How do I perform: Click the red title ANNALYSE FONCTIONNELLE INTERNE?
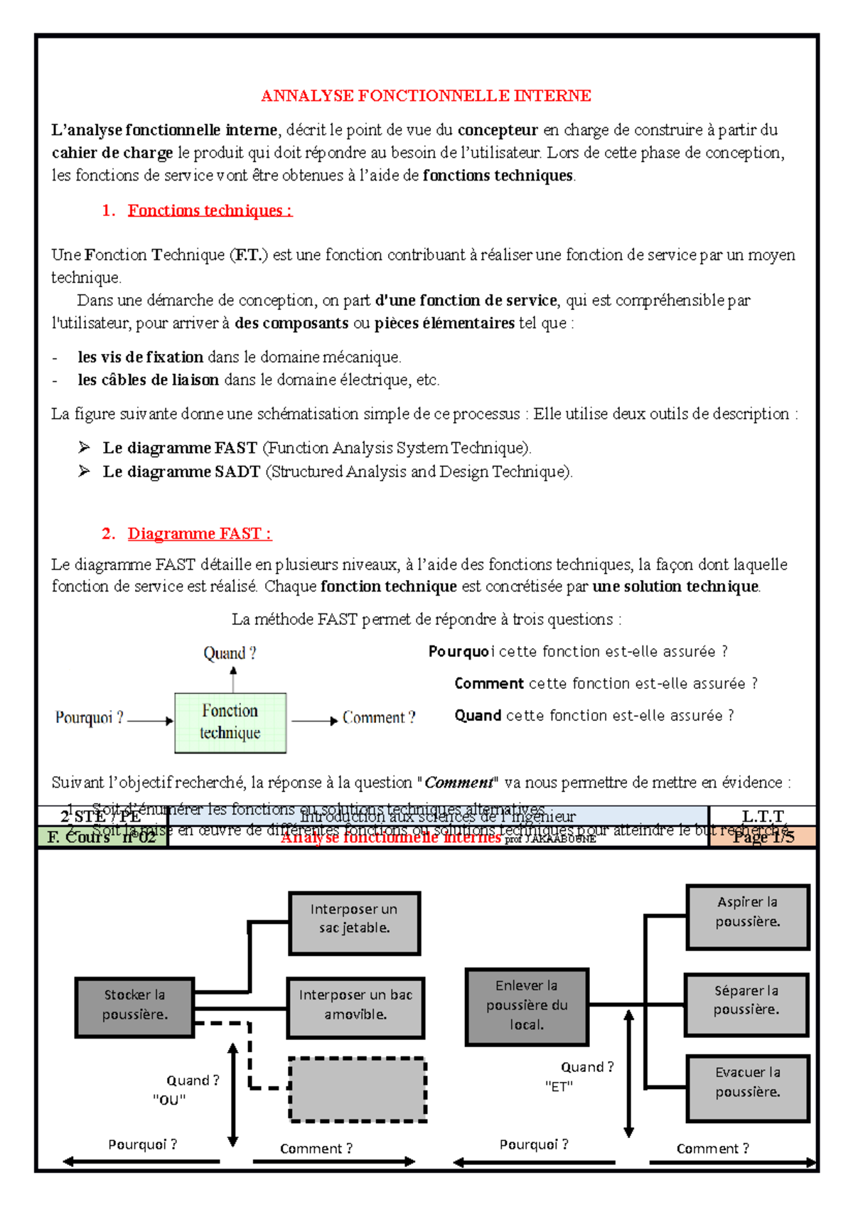click(426, 96)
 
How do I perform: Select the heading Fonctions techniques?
click(209, 210)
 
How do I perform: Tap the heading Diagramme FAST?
click(198, 534)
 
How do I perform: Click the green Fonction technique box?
click(230, 722)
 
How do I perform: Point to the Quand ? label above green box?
click(230, 653)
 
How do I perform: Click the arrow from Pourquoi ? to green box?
click(149, 721)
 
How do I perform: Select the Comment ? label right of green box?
click(378, 718)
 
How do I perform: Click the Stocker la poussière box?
click(134, 1007)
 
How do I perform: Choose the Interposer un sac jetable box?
click(354, 922)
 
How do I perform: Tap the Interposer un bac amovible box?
click(355, 1007)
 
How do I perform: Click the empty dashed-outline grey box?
click(357, 1089)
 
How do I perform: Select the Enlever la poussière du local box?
click(527, 1006)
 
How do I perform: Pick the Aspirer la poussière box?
click(747, 916)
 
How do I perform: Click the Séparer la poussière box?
click(746, 1004)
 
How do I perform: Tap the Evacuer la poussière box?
click(747, 1087)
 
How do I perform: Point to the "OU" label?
click(169, 1100)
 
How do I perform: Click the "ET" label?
click(559, 1087)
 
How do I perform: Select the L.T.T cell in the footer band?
click(762, 816)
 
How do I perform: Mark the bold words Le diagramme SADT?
click(181, 472)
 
